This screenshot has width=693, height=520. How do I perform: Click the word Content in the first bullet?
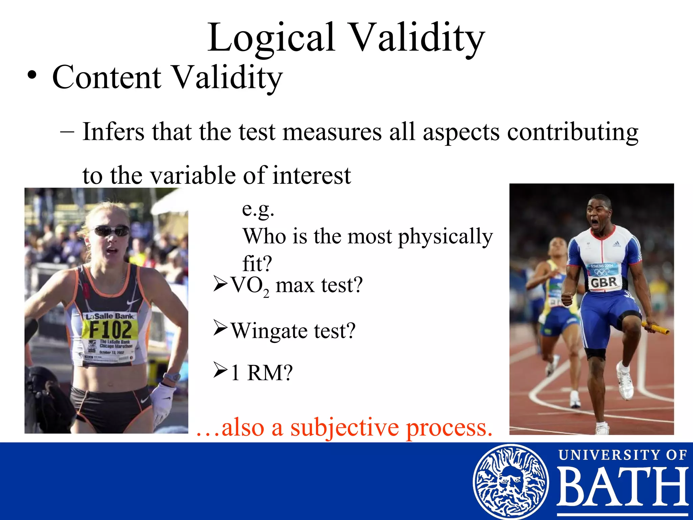click(x=107, y=78)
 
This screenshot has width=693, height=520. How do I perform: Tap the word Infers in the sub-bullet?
click(x=113, y=132)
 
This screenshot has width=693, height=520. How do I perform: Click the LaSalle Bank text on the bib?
click(x=110, y=316)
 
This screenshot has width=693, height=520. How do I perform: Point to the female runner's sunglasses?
click(x=112, y=231)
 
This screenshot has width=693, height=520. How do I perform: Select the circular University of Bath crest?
click(x=510, y=481)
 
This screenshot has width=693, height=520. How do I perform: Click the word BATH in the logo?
click(x=622, y=487)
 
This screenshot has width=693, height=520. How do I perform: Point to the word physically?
click(x=445, y=236)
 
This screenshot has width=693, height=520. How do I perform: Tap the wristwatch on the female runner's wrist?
click(x=172, y=376)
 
